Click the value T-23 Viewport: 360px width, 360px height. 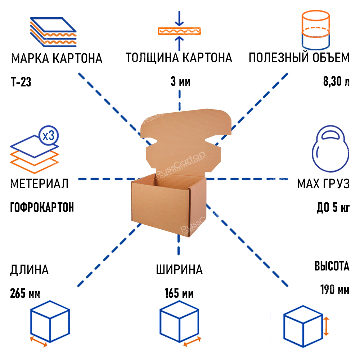tap(21, 82)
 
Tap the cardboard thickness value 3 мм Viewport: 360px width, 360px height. tap(180, 82)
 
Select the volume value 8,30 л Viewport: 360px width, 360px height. tap(336, 82)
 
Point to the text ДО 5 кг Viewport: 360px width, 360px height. tap(333, 208)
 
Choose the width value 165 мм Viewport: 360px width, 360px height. tap(179, 294)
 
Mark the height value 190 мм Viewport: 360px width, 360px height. tap(334, 289)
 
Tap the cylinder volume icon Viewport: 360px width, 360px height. tap(315, 30)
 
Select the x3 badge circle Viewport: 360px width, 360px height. tap(48, 136)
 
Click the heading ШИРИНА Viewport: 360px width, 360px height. tap(179, 270)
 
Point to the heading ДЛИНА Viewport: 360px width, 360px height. tap(30, 270)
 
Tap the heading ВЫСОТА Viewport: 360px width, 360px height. tap(332, 267)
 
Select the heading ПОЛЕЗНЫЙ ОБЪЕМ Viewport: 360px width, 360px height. tap(299, 58)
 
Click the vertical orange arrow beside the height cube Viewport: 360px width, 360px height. tap(326, 326)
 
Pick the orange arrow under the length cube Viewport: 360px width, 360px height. tap(38, 342)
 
